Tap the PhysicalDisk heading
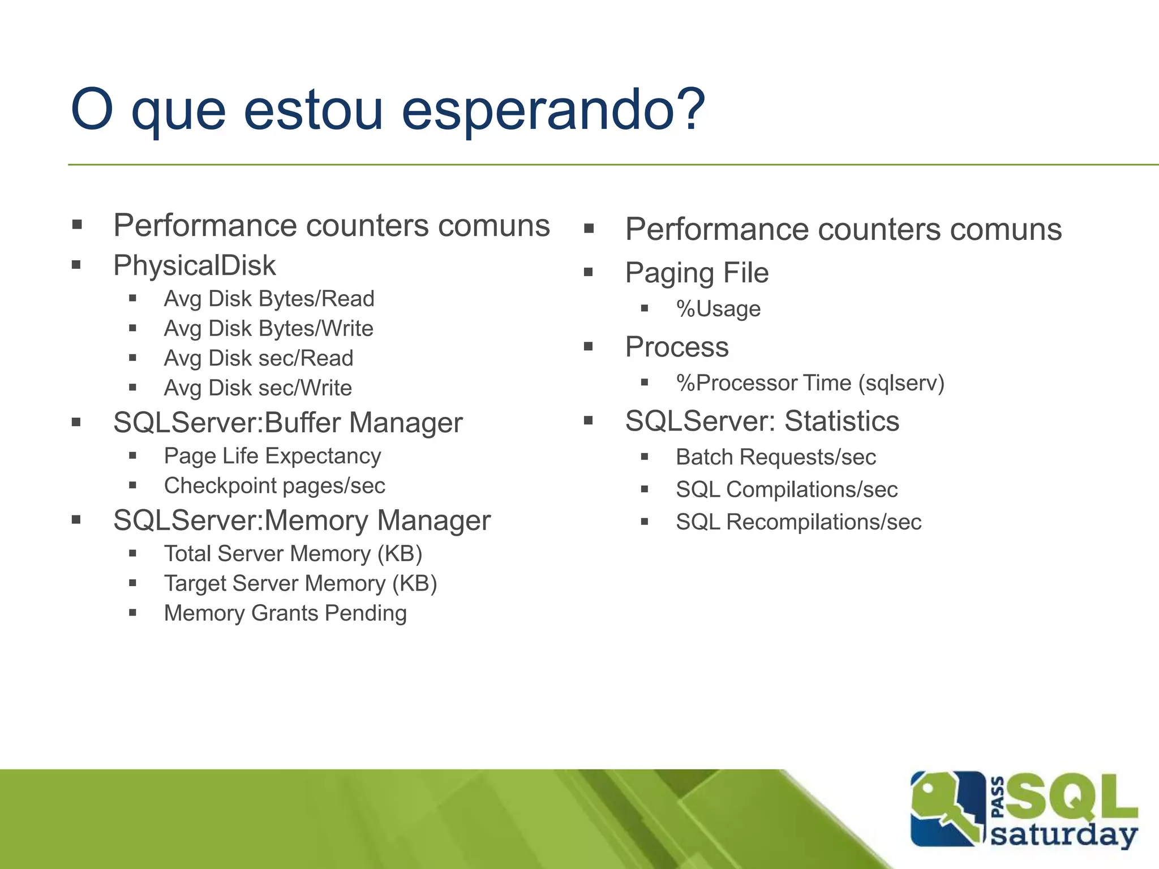(194, 265)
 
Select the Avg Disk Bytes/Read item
(269, 299)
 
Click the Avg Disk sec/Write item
(257, 388)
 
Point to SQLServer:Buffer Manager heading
(287, 423)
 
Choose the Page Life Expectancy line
(272, 456)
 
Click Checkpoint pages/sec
(274, 486)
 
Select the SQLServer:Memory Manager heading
(302, 520)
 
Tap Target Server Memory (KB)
(301, 584)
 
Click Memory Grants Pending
(285, 613)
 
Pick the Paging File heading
(697, 273)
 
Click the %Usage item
(718, 309)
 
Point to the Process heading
(677, 347)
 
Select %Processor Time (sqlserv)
(810, 383)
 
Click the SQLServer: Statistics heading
(762, 421)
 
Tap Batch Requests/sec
(775, 457)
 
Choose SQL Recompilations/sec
(798, 522)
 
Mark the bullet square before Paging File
(589, 273)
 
